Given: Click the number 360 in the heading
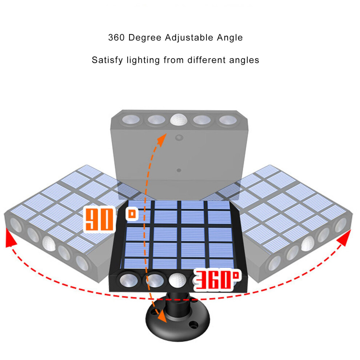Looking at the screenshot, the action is tap(116, 37).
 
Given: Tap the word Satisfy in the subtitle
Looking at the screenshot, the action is tap(107, 60).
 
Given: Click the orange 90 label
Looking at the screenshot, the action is tap(100, 219).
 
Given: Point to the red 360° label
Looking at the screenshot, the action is tap(217, 280).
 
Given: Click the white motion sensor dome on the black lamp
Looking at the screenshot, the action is tap(177, 280).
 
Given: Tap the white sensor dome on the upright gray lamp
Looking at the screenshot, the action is tap(179, 120).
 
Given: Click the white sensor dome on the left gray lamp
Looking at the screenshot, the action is tap(49, 243).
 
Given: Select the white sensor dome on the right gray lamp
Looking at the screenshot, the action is tap(308, 243).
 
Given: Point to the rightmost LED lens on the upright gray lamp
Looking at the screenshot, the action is tap(228, 120).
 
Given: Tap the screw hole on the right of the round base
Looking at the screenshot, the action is tap(193, 325).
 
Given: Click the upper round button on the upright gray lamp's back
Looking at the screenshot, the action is tap(179, 138).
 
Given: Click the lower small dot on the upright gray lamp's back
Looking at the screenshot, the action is tap(179, 170).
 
